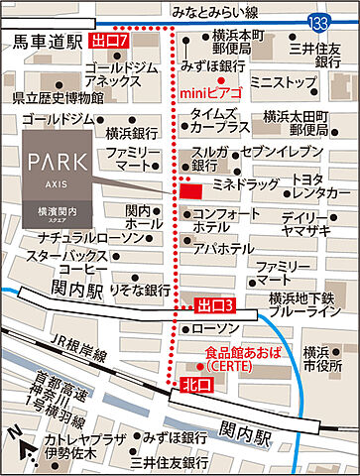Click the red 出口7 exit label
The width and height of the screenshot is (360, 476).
pos(109,41)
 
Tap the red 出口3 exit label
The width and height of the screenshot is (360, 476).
pos(215,304)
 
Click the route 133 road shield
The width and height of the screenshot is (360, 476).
pos(317,22)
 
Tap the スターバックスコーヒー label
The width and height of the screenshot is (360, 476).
pos(68,261)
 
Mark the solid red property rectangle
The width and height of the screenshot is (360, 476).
pos(190,189)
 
